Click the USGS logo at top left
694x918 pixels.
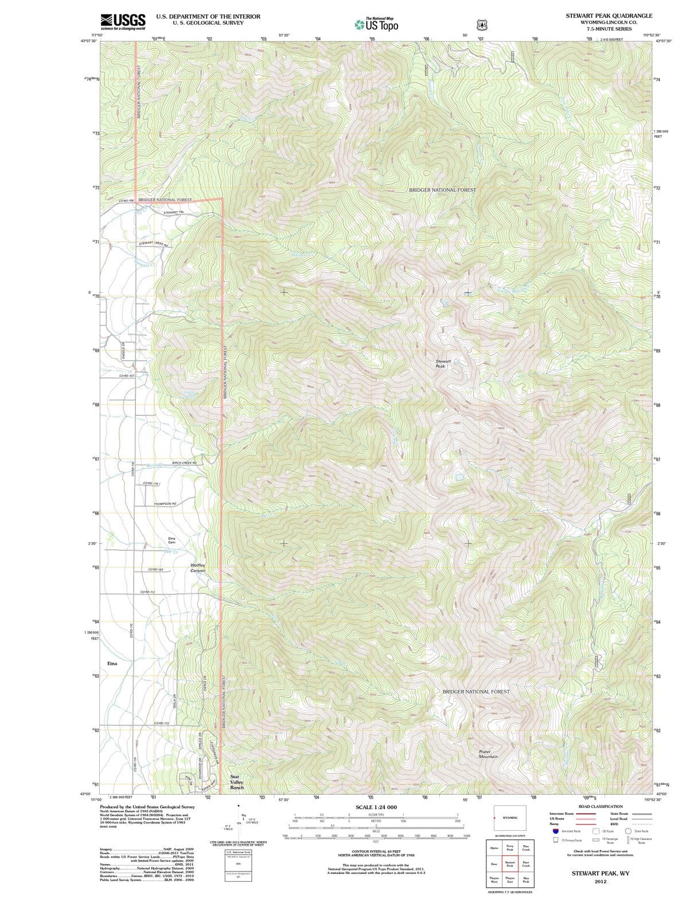[123, 22]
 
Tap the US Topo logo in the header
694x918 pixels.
[376, 24]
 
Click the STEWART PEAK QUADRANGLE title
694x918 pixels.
[609, 16]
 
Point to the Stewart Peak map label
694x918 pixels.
[443, 364]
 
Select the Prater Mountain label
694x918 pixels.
[488, 754]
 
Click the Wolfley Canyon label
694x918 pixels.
[197, 568]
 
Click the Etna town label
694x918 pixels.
[112, 663]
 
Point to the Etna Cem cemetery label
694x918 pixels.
[171, 540]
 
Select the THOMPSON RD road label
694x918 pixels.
[165, 504]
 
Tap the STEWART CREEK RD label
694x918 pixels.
[153, 244]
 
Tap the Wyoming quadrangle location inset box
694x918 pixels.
[509, 818]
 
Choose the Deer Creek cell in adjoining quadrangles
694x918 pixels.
[526, 864]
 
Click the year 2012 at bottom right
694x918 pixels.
[601, 881]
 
